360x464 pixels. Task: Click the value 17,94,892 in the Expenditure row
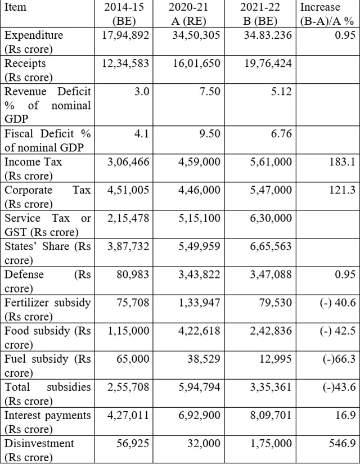(x=126, y=35)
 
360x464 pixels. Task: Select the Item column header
(x=15, y=7)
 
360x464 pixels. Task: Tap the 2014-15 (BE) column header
(x=124, y=14)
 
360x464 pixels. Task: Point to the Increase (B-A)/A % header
(x=327, y=14)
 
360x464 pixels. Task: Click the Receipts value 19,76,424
(x=268, y=64)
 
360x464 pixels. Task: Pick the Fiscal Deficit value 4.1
(x=142, y=134)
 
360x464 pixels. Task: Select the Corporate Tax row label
(x=47, y=197)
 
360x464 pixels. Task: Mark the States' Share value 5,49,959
(x=199, y=246)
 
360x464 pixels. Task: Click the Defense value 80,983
(x=133, y=274)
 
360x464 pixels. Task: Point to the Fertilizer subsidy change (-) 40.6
(x=338, y=303)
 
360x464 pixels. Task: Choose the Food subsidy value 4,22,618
(x=199, y=331)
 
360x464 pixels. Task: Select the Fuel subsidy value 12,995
(x=275, y=359)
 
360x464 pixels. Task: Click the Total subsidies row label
(x=47, y=394)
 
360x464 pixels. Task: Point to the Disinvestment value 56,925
(x=133, y=443)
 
